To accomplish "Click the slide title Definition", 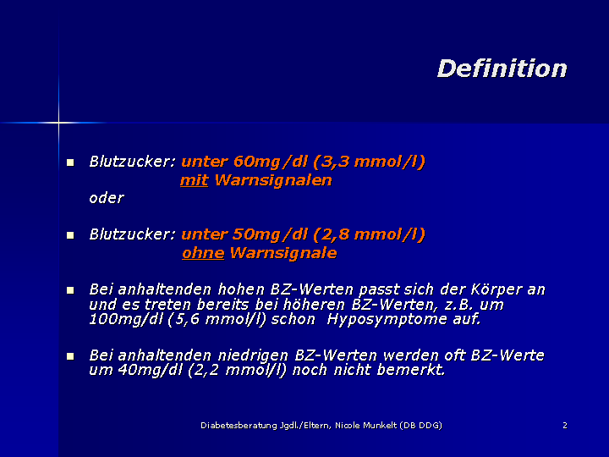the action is (502, 69).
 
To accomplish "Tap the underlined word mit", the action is (195, 180).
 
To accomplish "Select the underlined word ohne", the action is (203, 253).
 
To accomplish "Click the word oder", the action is (107, 198).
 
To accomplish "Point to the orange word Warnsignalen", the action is (273, 180).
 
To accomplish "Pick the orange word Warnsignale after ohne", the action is (283, 253).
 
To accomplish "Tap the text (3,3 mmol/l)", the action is (369, 162).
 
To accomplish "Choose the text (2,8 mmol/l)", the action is (369, 234).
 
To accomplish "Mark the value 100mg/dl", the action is (126, 319).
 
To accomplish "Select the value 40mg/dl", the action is (150, 370).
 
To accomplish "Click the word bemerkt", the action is (411, 370).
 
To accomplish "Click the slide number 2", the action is (565, 426).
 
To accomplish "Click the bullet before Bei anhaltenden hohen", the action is (70, 290).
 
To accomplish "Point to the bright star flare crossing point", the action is (58, 123).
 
